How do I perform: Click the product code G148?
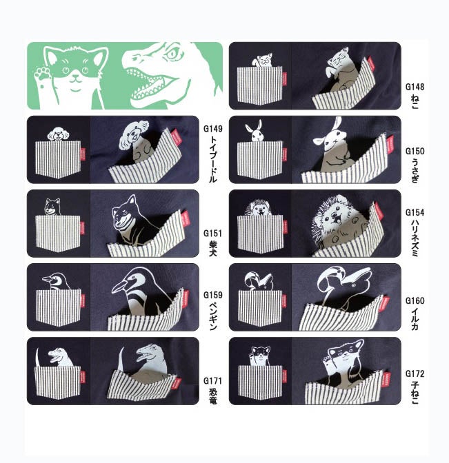pyautogui.click(x=415, y=87)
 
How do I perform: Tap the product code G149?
pyautogui.click(x=213, y=129)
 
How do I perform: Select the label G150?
pyautogui.click(x=415, y=151)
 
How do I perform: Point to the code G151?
pyautogui.click(x=213, y=234)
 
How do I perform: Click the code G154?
pyautogui.click(x=415, y=212)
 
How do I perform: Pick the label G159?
pyautogui.click(x=213, y=295)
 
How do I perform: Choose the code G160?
pyautogui.click(x=415, y=300)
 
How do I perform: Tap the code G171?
pyautogui.click(x=213, y=380)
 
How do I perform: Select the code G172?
pyautogui.click(x=415, y=374)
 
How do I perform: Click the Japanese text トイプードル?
pyautogui.click(x=213, y=159)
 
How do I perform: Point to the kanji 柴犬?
pyautogui.click(x=213, y=248)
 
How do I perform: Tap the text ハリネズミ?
pyautogui.click(x=415, y=238)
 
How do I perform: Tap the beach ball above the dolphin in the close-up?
pyautogui.click(x=329, y=279)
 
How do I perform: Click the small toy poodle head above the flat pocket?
pyautogui.click(x=58, y=134)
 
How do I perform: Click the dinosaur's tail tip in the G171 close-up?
pyautogui.click(x=122, y=347)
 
